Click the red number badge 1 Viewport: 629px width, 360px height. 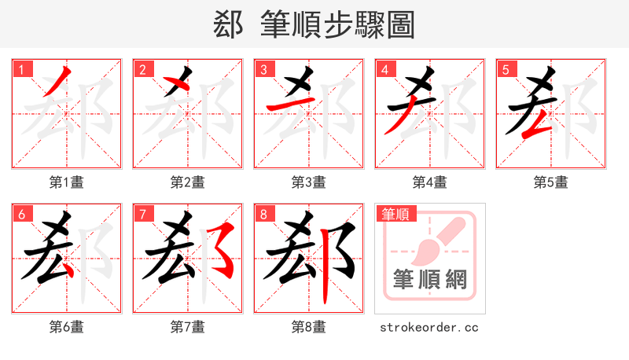21,69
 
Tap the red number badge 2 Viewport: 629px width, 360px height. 142,69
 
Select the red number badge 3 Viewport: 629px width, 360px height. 263,69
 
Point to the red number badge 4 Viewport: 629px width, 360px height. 384,69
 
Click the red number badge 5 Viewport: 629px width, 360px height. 506,69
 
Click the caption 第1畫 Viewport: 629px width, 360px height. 67,182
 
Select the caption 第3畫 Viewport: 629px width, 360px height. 309,182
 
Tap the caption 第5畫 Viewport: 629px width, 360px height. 551,182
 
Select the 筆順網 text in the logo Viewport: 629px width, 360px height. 430,280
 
